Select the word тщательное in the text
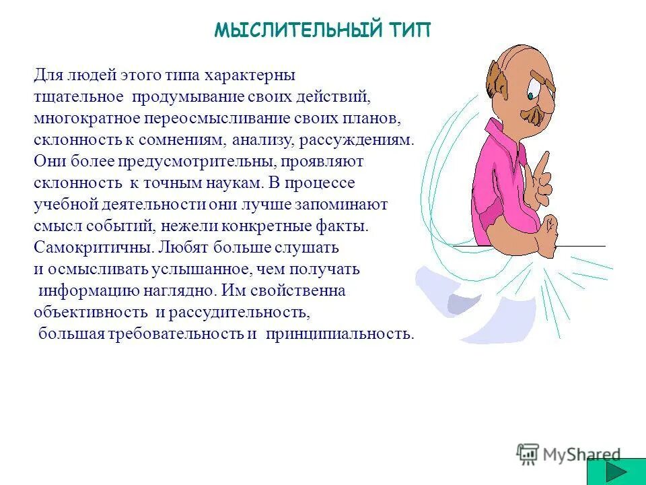pos(78,97)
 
